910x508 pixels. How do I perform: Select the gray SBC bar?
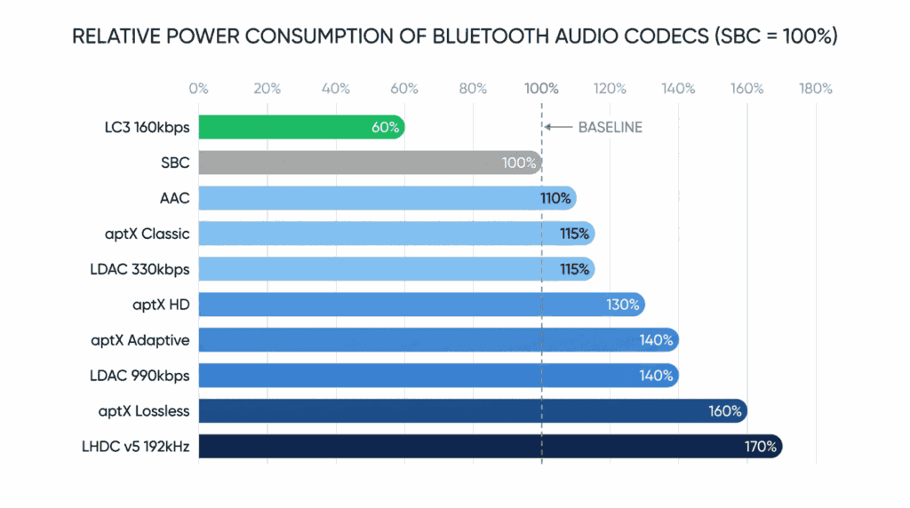[355, 163]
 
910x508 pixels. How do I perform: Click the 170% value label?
[760, 447]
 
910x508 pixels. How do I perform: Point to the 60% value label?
[385, 127]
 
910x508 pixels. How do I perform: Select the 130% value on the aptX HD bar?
[623, 305]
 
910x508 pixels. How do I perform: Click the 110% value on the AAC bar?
[555, 198]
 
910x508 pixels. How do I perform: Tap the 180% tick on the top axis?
[815, 89]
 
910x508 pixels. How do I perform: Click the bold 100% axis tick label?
[541, 89]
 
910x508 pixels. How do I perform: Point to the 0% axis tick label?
[198, 89]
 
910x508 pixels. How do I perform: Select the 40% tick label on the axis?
[336, 89]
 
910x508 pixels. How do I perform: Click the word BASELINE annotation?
[610, 127]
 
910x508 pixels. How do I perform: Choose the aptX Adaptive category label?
[140, 340]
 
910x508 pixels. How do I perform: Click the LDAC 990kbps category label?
[140, 376]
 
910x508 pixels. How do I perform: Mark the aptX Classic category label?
[147, 234]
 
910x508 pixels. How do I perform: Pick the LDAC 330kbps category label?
[140, 269]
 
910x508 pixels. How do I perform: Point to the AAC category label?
[174, 198]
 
